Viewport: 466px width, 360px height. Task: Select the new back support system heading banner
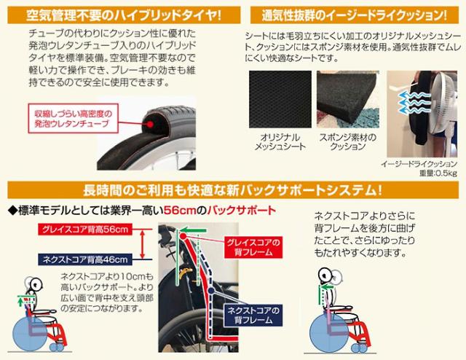233,191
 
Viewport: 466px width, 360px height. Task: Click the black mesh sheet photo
276,99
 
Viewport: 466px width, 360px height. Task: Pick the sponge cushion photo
346,99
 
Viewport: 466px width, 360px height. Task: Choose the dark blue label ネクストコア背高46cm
84,259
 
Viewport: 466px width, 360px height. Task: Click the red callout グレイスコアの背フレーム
248,246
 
